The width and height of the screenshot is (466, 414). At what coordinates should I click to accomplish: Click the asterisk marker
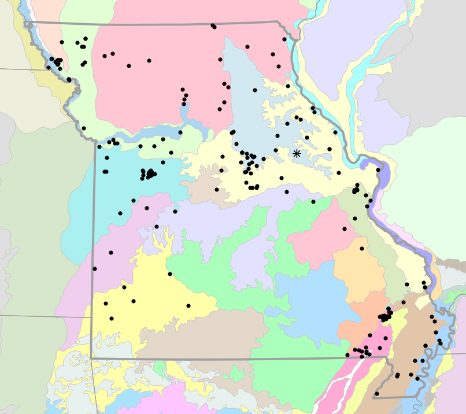coord(297,153)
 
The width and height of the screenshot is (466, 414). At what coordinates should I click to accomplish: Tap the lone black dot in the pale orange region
coord(362,249)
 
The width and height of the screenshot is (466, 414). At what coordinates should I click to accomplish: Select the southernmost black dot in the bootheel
coord(376,394)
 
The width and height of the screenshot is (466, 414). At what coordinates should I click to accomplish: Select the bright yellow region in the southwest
coord(145,289)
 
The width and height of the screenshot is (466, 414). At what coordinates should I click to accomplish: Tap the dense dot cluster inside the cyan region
coord(148,173)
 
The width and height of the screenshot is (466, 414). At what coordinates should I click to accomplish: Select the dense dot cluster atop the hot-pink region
coord(385,316)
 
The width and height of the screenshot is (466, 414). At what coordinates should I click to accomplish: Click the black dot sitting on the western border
coord(95,269)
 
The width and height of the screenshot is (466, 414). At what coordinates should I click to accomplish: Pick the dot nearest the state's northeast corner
coord(284,39)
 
